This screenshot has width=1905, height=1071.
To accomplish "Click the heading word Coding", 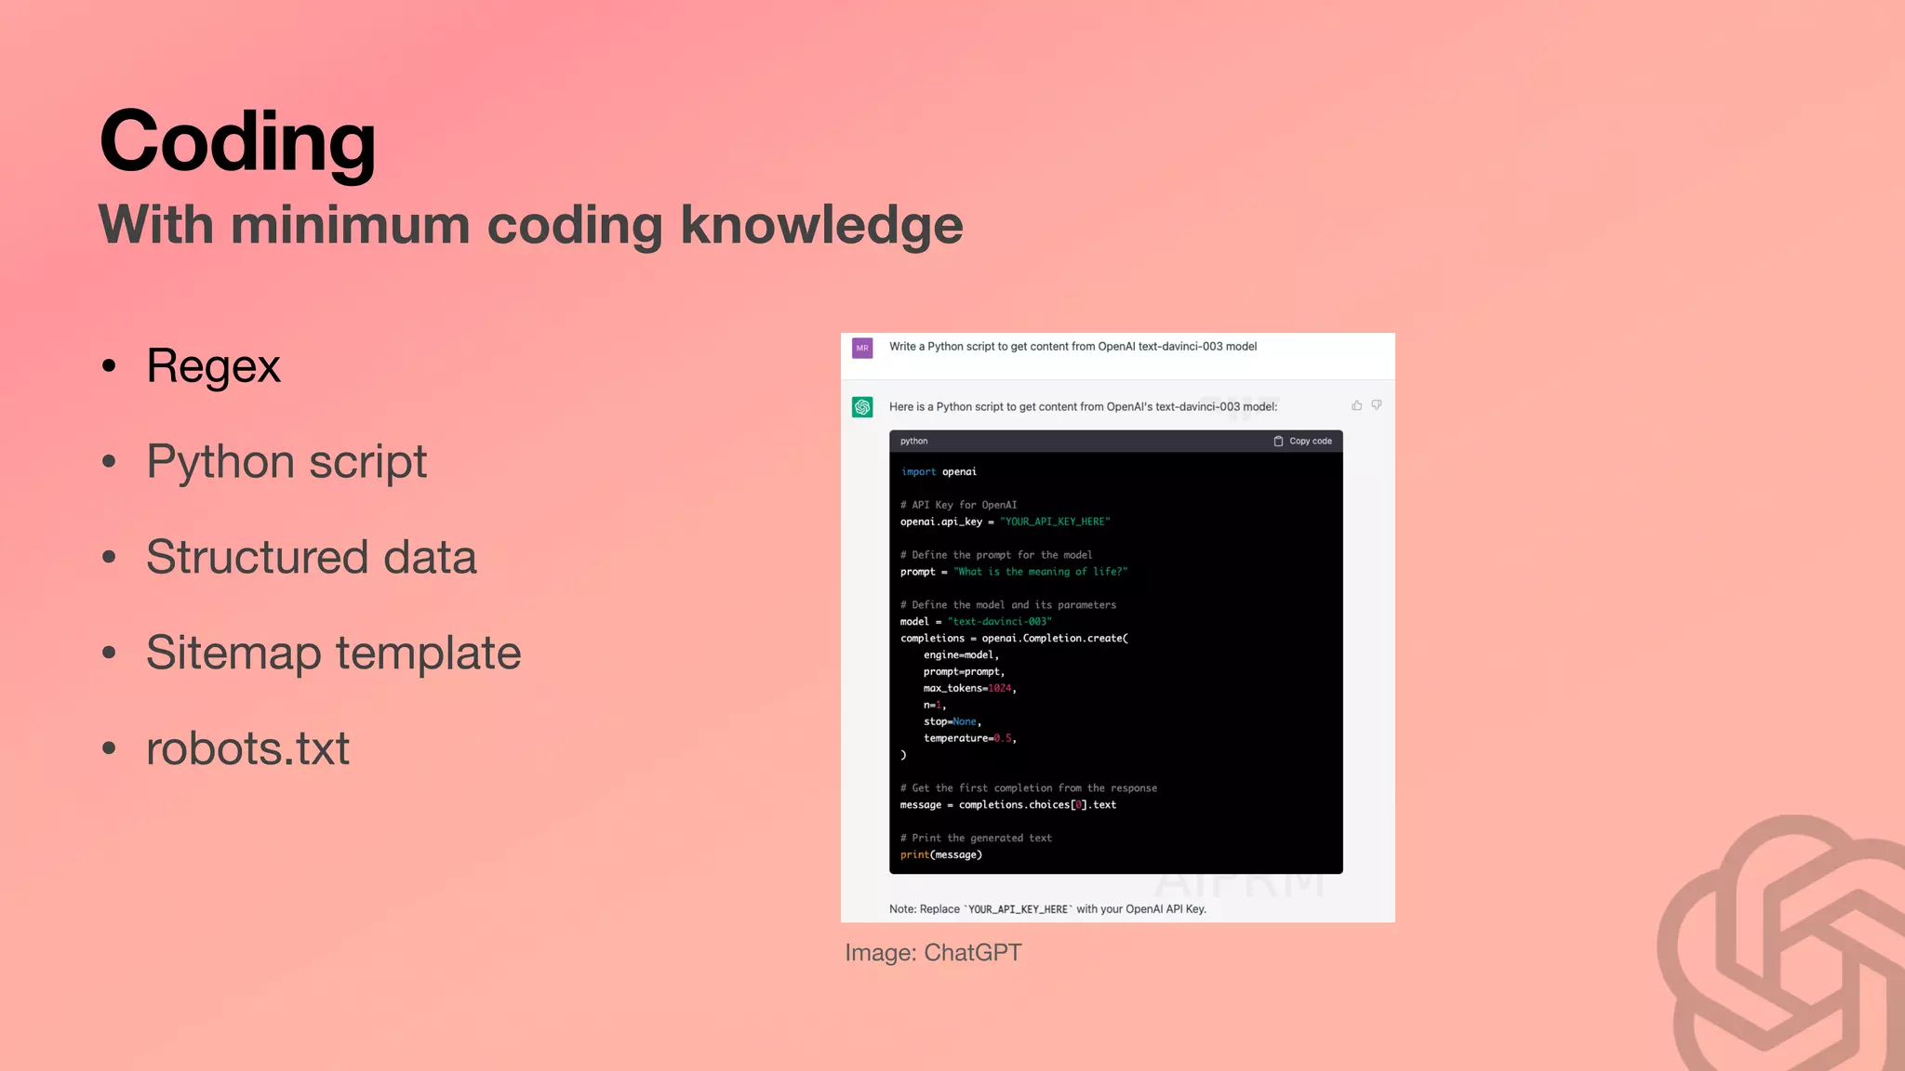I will click(237, 141).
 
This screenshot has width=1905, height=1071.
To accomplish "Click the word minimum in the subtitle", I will click(351, 225).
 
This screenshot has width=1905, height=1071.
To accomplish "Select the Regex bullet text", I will click(213, 365).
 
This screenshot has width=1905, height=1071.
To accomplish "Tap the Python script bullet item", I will click(286, 461).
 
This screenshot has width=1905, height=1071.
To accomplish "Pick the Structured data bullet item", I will click(311, 557).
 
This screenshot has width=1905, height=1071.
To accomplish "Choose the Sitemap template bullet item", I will click(333, 653).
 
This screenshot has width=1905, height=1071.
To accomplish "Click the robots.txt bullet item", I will click(247, 748).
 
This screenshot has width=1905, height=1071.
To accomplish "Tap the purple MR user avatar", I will click(862, 348).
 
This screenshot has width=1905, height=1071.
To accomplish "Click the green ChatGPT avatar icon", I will click(862, 407).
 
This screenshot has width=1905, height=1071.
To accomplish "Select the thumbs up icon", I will click(1357, 405).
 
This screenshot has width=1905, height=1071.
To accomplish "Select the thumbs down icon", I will click(1377, 405).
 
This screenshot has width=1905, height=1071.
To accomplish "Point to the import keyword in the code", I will click(918, 472).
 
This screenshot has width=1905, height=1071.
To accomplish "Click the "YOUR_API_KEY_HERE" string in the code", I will click(1055, 522).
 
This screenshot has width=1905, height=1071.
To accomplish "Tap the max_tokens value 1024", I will click(999, 688).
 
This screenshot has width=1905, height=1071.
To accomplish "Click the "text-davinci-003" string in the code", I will click(999, 621).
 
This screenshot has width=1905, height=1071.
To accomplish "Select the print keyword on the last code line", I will click(914, 854).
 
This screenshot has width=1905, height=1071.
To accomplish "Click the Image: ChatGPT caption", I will click(933, 953).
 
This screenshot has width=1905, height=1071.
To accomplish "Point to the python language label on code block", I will click(913, 441).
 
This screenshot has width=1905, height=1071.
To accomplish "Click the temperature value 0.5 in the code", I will click(1002, 738).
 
